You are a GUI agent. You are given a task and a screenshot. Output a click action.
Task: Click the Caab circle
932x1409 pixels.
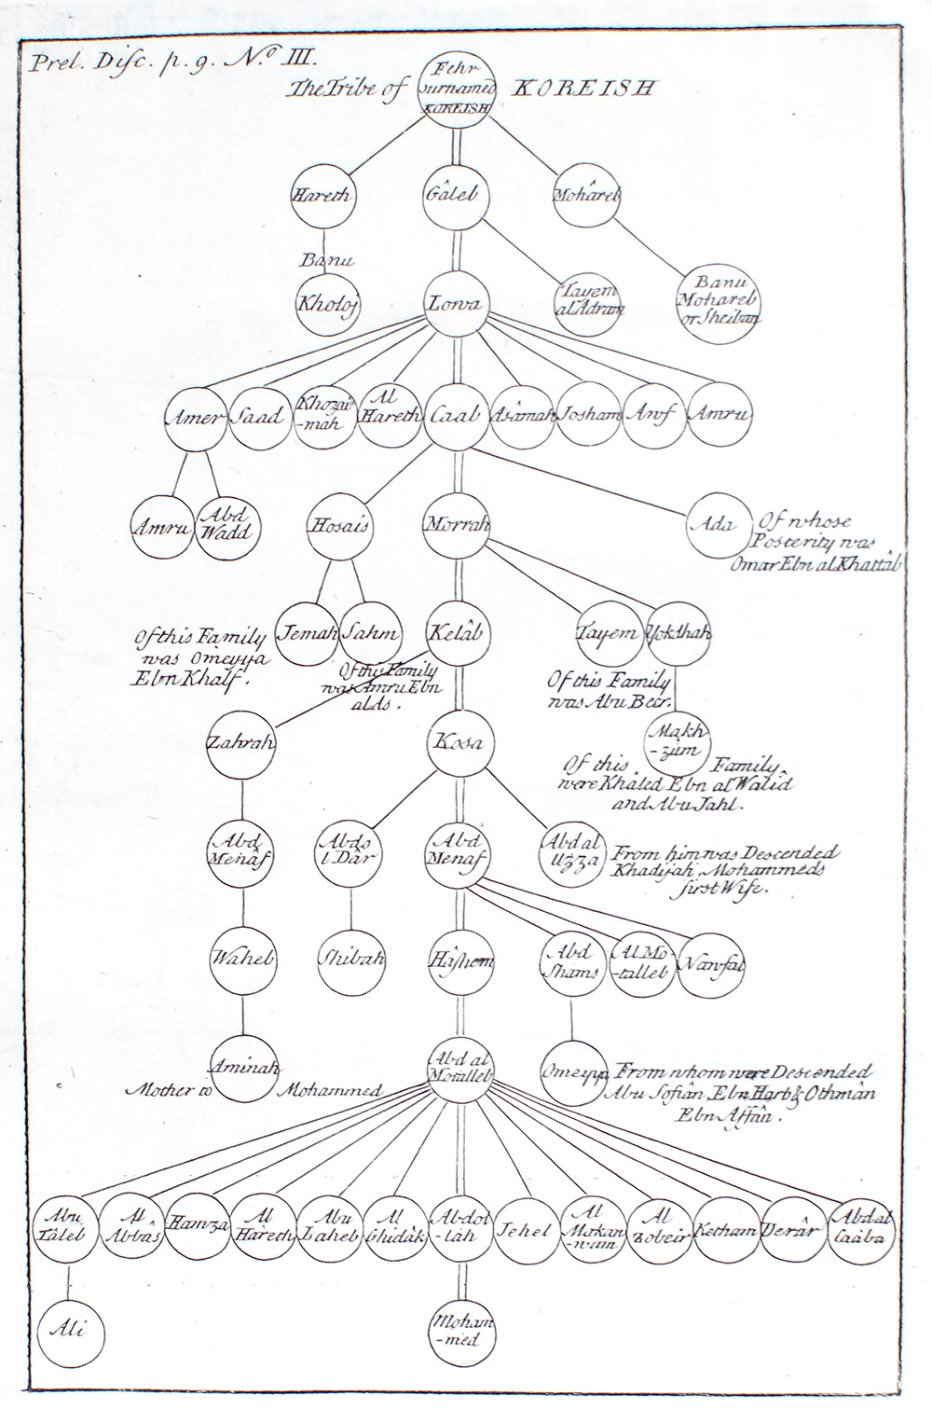point(455,416)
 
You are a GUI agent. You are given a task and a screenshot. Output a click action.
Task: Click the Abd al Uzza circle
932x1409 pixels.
point(570,850)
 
